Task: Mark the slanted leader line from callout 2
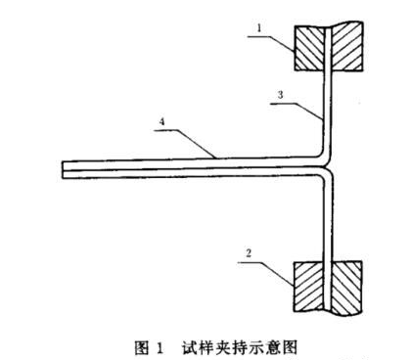point(279,265)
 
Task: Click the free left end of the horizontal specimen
point(64,168)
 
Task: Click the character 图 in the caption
point(140,345)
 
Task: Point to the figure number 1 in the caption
point(160,345)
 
